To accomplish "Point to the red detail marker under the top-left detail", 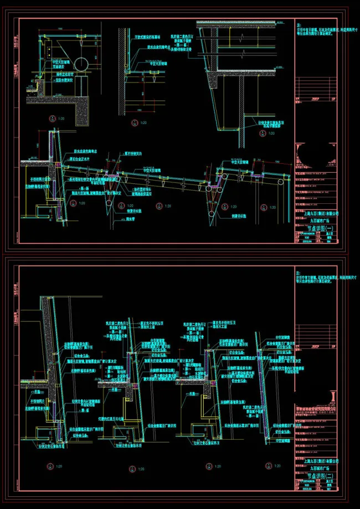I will pyautogui.click(x=52, y=117).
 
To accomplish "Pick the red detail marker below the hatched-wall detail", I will pyautogui.click(x=133, y=122).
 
